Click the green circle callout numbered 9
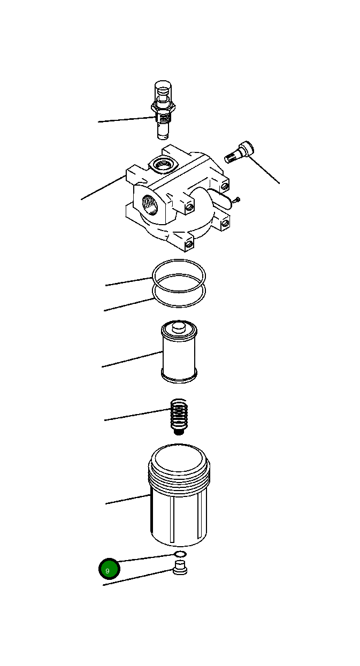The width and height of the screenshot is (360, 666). (109, 569)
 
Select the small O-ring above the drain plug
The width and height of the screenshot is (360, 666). (180, 554)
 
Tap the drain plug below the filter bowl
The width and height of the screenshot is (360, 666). (180, 568)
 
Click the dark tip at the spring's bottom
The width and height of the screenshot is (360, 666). (179, 431)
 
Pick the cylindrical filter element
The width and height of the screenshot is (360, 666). (179, 353)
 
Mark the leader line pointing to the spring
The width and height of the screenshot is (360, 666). (136, 415)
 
